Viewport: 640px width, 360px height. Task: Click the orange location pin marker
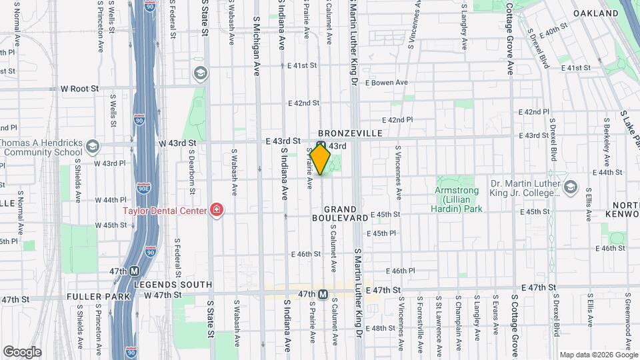[321, 160]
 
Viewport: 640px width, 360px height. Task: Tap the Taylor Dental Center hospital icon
[217, 211]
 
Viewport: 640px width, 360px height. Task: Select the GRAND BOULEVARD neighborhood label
[341, 213]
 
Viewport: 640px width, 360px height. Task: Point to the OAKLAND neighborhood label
[595, 13]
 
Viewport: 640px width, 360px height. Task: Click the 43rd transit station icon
[321, 145]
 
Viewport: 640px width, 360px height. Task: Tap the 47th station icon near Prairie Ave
[323, 294]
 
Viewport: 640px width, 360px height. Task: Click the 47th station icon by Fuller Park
[135, 271]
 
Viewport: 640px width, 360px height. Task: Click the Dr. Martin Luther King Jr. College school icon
[571, 187]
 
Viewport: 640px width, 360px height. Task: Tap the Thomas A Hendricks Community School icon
[93, 146]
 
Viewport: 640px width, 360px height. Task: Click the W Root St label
[79, 88]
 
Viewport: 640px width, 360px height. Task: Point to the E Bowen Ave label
[385, 83]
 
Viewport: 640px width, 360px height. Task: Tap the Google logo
[22, 351]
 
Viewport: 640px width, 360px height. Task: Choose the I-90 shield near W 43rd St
[139, 120]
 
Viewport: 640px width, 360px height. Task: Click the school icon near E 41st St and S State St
[199, 73]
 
